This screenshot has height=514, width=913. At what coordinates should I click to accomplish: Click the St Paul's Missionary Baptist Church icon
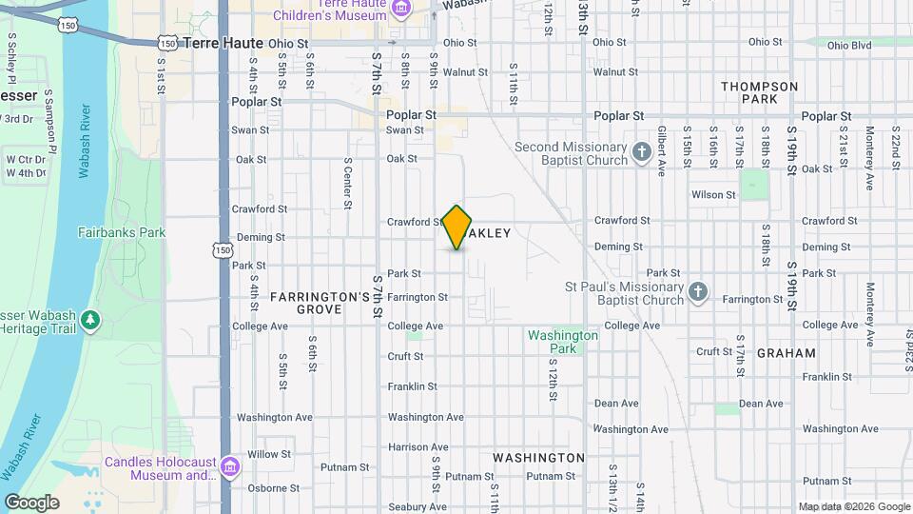coord(698,292)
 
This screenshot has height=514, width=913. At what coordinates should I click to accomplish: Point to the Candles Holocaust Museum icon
coord(229,467)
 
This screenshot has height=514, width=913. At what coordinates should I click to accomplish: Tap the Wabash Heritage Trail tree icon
coord(91,320)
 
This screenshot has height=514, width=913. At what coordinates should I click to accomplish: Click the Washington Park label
coord(563,342)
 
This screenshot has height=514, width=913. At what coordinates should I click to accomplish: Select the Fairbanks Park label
coord(122,232)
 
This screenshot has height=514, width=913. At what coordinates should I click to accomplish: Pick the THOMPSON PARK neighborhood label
coord(760,92)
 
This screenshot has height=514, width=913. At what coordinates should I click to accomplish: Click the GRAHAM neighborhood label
coord(787,353)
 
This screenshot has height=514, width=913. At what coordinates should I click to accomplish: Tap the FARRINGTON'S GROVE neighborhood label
coord(320,303)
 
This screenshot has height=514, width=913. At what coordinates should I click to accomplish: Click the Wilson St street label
coord(713,195)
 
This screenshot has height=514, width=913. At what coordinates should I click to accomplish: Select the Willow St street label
coord(268,455)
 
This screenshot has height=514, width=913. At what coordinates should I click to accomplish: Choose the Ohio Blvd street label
coord(848,45)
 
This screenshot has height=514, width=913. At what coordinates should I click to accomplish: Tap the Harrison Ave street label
coord(412,447)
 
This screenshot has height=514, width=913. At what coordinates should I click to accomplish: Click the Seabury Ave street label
coord(412,507)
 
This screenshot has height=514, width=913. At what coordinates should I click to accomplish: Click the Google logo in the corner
coord(31,502)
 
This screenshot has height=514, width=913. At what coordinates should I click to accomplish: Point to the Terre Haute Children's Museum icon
coord(402,10)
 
